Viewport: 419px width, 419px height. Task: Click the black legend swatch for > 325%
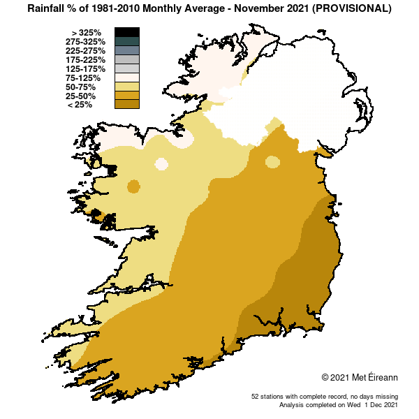point(127,32)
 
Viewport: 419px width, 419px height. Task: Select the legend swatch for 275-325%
point(127,41)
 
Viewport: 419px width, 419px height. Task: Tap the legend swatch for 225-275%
point(127,50)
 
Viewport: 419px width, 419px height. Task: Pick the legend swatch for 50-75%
point(127,87)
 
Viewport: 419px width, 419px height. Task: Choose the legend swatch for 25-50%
point(127,96)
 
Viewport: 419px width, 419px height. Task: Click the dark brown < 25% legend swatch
point(127,105)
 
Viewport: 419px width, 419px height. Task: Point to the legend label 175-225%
point(86,60)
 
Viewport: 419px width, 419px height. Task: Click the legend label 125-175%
point(86,69)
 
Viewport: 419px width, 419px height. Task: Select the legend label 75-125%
point(87,78)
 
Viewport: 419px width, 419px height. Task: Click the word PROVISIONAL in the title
point(353,9)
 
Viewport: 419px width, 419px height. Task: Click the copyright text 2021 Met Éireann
point(359,377)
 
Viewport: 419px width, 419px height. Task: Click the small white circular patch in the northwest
point(161,164)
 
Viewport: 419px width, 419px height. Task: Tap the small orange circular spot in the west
point(133,186)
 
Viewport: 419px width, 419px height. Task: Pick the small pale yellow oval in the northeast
point(272,162)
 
